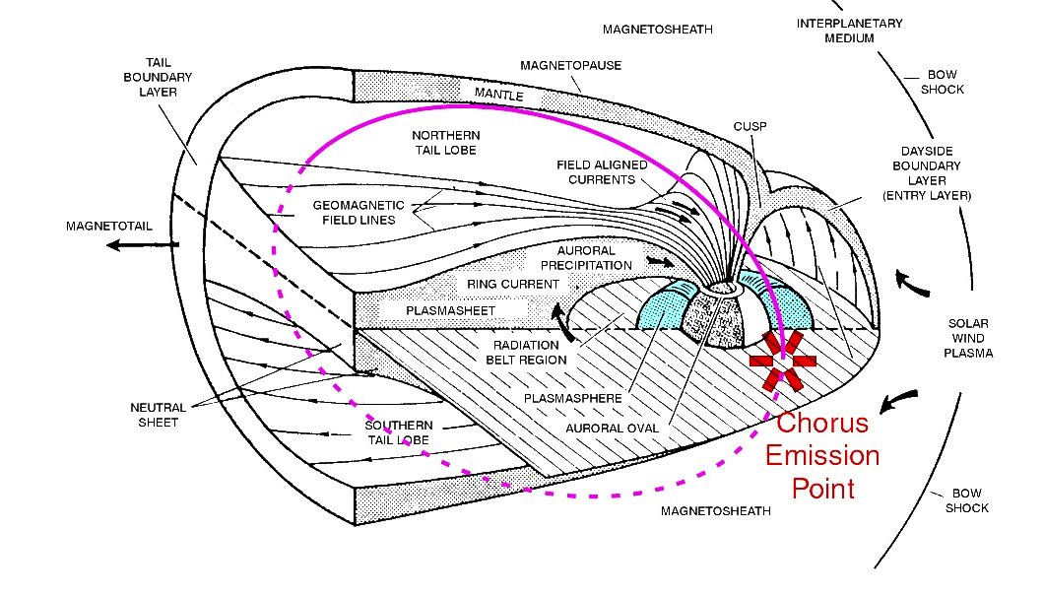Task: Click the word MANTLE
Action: pos(499,94)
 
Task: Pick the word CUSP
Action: pos(750,127)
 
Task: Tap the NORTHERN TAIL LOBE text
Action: pos(444,142)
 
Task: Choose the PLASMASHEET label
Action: pos(451,310)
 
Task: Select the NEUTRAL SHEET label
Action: pos(152,414)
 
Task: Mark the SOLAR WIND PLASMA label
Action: pos(968,338)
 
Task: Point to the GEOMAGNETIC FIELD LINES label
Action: pos(359,212)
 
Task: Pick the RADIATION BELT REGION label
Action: pos(526,352)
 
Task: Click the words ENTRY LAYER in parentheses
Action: pos(927,196)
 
